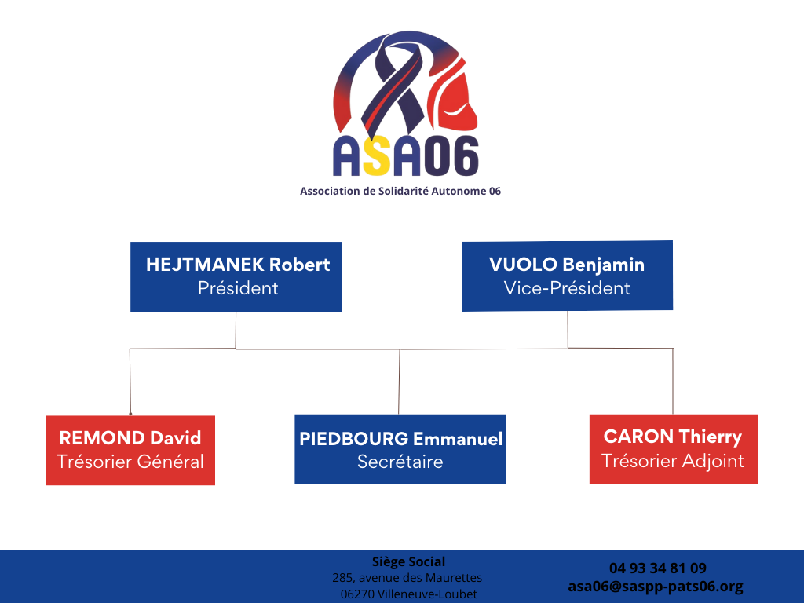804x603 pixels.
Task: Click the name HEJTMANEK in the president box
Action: coord(205,265)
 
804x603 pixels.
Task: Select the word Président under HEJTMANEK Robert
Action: coord(238,288)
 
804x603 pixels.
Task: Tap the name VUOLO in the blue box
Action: coord(523,265)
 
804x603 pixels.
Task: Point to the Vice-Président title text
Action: coord(567,288)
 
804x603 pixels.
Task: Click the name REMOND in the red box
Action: coord(102,438)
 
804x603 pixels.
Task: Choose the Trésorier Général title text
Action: coord(130,462)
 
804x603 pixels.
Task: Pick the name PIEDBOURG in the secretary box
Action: coord(354,439)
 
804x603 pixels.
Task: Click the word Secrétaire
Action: coord(400,462)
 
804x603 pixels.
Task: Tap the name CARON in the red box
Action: coord(638,437)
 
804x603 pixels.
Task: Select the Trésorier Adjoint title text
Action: coord(673,461)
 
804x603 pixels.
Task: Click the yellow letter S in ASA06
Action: coord(377,156)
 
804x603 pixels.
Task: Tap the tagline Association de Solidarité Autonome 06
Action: coord(400,192)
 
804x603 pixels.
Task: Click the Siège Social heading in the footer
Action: coord(408,561)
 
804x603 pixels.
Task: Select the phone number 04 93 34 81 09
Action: coord(658,568)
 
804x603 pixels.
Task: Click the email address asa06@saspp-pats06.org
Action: coord(656,586)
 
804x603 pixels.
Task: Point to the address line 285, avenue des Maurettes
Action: coord(407,578)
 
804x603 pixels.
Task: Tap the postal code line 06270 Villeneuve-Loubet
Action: coord(408,594)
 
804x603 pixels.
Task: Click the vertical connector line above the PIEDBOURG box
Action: coord(399,382)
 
